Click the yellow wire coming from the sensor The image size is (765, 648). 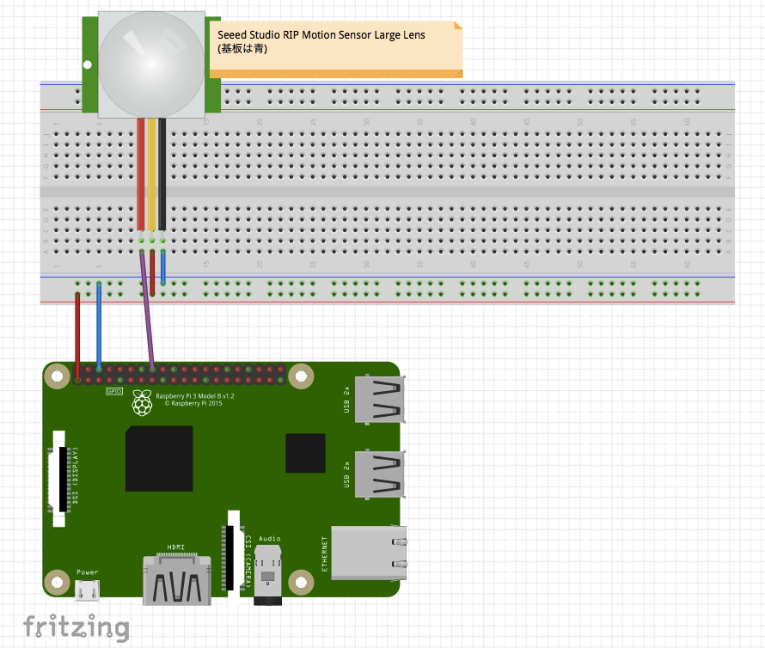coord(152,172)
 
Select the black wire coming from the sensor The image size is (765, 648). coord(162,172)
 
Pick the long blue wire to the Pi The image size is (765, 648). coord(99,327)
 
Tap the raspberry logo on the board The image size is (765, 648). coord(141,402)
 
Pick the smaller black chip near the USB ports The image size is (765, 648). coord(305,453)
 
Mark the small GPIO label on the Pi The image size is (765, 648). coord(114,391)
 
